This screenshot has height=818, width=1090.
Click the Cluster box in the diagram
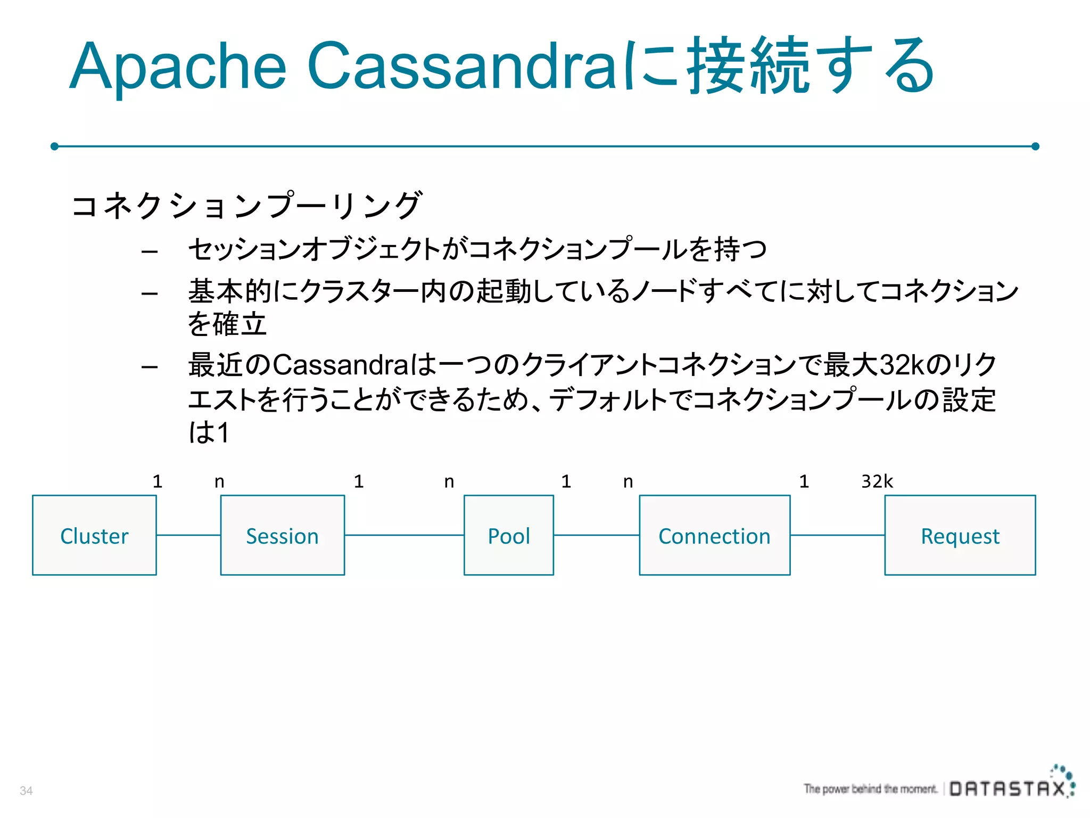[x=94, y=535]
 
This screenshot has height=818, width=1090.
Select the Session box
[x=282, y=535]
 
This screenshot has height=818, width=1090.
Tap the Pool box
[x=508, y=535]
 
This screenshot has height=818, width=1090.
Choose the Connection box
[x=714, y=535]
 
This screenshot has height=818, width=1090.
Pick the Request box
[x=960, y=535]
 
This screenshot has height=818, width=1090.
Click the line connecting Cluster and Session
[x=188, y=535]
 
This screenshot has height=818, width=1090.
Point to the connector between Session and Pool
[x=404, y=535]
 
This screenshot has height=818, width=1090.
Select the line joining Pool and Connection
[x=596, y=535]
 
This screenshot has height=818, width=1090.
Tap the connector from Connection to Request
[x=837, y=535]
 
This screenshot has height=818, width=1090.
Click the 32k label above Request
[x=877, y=481]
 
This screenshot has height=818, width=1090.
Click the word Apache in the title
[x=178, y=67]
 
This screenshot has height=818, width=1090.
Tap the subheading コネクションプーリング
[x=246, y=205]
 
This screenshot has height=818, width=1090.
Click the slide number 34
[x=26, y=791]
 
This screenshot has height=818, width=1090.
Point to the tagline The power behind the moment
[x=870, y=789]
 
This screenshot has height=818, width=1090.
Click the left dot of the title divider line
[x=54, y=146]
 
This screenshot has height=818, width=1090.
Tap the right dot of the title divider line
[x=1035, y=146]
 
